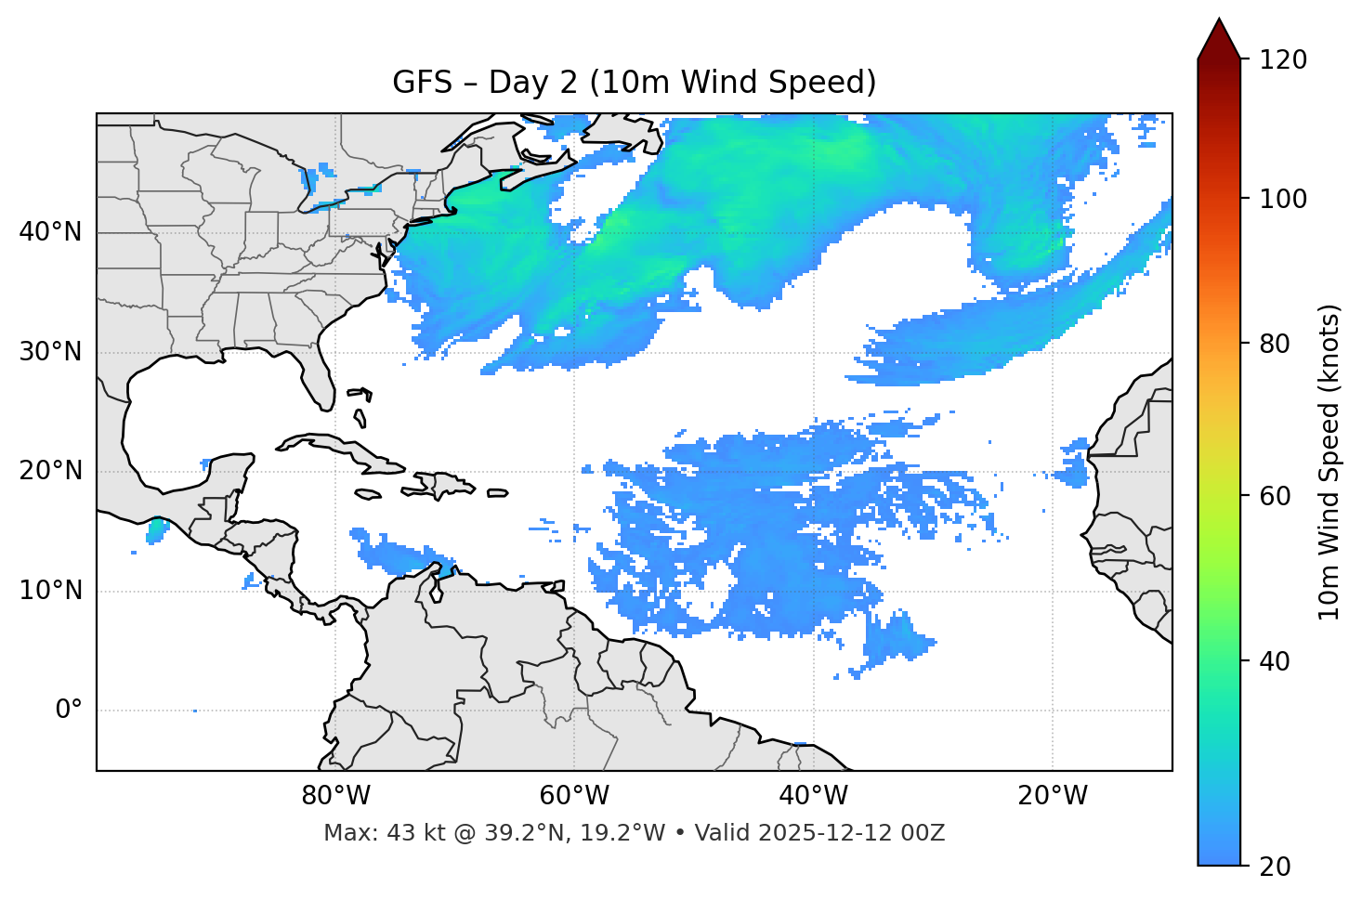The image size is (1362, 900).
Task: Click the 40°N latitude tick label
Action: [50, 232]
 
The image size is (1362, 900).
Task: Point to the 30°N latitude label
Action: [50, 352]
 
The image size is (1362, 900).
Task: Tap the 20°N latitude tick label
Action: [50, 471]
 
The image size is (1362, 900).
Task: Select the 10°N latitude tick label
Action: [50, 591]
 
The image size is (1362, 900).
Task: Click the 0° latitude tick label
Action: [69, 711]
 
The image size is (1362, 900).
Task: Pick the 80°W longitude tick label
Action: [335, 796]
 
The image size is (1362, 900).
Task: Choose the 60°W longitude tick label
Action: [574, 796]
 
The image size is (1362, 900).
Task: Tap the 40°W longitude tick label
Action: [813, 796]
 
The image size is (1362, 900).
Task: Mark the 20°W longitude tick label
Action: [1052, 796]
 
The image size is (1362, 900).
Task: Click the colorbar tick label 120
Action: [1282, 60]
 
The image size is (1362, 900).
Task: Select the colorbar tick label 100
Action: [1282, 199]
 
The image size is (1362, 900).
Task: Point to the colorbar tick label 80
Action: [1275, 344]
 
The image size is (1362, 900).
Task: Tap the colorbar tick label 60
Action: [1275, 496]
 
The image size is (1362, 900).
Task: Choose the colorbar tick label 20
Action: [1275, 867]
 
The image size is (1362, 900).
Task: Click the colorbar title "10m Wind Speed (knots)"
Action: [1329, 462]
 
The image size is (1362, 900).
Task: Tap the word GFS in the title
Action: [422, 83]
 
